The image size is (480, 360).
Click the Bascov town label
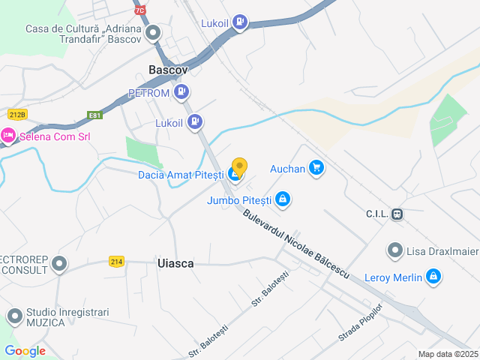pos(168,69)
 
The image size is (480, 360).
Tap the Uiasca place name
pos(175,263)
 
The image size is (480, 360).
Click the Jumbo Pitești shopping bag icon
pos(283,200)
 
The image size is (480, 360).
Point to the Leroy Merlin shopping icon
pos(432,277)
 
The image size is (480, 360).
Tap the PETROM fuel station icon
pos(181,92)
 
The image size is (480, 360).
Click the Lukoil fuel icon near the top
pos(239,22)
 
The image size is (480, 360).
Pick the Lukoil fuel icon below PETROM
pos(194,121)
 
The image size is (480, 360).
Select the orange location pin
pos(239,167)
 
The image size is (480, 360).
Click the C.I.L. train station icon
pos(397,214)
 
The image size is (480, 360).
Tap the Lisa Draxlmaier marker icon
pos(394,250)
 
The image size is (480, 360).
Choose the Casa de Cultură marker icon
pos(153,33)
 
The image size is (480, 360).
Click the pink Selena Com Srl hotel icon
pos(8,136)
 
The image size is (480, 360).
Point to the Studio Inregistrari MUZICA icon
pos(14,316)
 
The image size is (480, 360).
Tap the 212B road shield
pos(17,114)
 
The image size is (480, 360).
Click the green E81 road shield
pos(94,115)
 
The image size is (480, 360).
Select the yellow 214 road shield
pos(115,261)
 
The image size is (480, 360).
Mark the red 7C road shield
pos(140,10)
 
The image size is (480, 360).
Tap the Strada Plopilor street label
pos(360,322)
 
